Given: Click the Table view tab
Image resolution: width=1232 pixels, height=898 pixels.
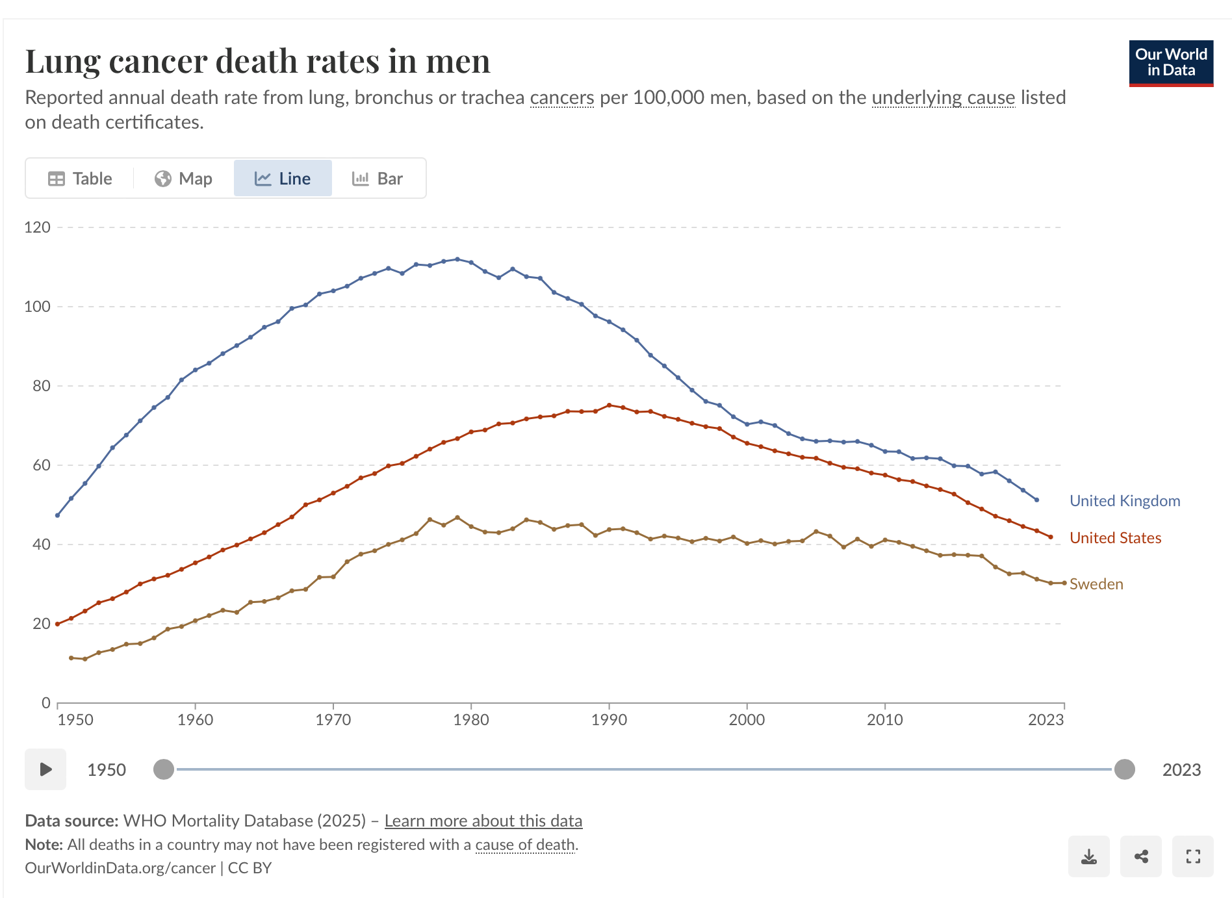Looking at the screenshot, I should pyautogui.click(x=80, y=179).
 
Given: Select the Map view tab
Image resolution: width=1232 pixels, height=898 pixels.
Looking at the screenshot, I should pyautogui.click(x=183, y=179).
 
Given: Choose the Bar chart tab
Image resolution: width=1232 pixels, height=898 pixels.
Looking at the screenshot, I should pyautogui.click(x=378, y=179).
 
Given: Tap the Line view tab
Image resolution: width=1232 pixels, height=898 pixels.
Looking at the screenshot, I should pyautogui.click(x=283, y=179).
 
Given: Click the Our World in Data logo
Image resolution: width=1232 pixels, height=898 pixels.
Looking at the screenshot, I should pyautogui.click(x=1170, y=63).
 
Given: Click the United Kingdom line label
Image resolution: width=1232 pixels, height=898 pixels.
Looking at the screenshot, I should pyautogui.click(x=1124, y=501).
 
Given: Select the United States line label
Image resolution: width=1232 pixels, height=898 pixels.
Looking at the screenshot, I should pyautogui.click(x=1115, y=538).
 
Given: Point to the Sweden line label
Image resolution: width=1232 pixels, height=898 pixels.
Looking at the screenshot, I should pyautogui.click(x=1096, y=584).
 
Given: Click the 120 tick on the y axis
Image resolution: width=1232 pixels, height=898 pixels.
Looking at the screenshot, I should pyautogui.click(x=37, y=227).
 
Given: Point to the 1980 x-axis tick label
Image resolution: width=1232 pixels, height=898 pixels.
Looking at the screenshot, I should pyautogui.click(x=471, y=720).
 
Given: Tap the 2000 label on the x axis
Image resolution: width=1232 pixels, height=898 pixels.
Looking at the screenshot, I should pyautogui.click(x=747, y=720).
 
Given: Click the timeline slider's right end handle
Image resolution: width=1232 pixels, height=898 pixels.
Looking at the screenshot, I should pyautogui.click(x=1124, y=769).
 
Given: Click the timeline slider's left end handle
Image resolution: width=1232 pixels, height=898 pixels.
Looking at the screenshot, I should pyautogui.click(x=164, y=769).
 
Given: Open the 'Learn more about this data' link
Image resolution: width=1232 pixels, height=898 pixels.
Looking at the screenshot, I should pyautogui.click(x=483, y=821).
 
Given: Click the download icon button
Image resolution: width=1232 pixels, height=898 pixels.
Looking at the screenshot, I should pyautogui.click(x=1088, y=856).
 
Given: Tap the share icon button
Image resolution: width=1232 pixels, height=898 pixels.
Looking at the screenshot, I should pyautogui.click(x=1140, y=856).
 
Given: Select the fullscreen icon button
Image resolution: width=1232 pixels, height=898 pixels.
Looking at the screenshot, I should pyautogui.click(x=1192, y=856).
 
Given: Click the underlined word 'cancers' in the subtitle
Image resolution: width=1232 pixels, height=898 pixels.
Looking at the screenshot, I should pyautogui.click(x=561, y=97).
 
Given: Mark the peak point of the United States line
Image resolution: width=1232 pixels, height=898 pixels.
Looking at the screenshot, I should pyautogui.click(x=609, y=405).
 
